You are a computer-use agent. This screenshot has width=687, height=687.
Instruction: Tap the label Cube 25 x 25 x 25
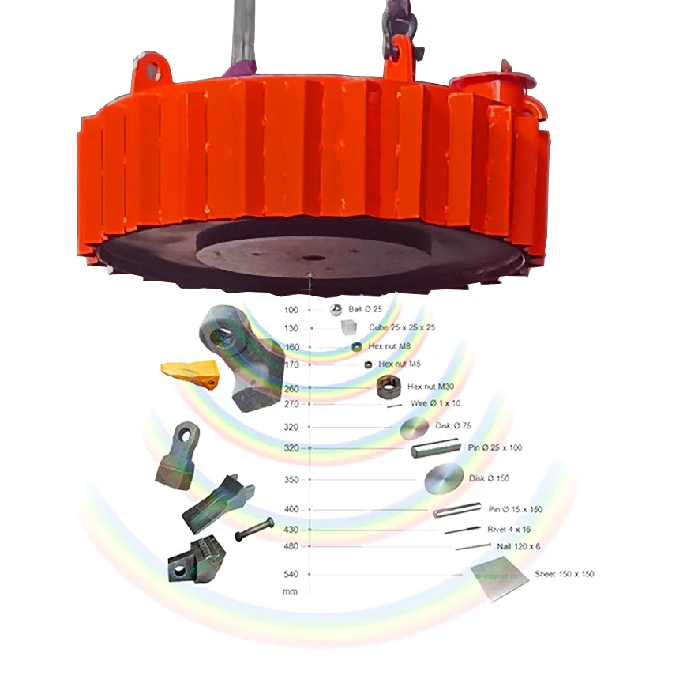[x=402, y=327]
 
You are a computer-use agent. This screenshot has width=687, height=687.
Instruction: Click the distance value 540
[x=291, y=574]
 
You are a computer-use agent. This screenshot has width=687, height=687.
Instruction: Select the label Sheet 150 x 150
[x=564, y=574]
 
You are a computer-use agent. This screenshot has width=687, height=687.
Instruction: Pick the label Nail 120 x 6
[x=518, y=546]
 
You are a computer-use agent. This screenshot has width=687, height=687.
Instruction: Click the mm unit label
[x=290, y=591]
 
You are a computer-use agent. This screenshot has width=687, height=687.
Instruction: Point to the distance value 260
[x=291, y=388]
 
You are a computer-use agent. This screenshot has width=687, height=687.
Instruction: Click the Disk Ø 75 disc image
[x=415, y=429]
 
